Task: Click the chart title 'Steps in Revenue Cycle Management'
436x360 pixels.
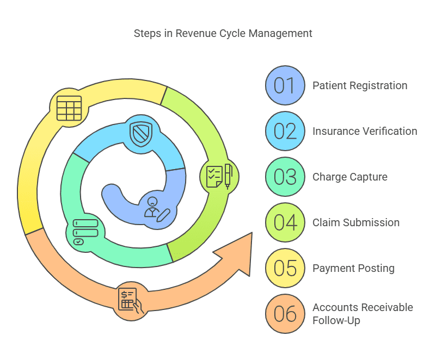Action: coord(223,34)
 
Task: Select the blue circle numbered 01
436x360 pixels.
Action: coord(285,86)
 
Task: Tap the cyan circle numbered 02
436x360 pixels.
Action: coord(285,132)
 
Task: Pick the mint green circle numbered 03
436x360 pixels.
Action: coord(285,177)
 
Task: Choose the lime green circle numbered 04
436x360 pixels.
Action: coord(285,223)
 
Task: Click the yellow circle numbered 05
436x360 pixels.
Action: coord(285,269)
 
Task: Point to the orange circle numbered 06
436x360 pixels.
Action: coord(285,314)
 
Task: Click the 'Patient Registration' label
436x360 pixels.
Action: coord(359,86)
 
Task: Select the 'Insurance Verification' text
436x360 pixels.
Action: coord(365,132)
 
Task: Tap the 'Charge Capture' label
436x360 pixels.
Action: coord(349,177)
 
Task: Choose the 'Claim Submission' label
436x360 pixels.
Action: coord(355,223)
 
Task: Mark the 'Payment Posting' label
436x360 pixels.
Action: coord(353,269)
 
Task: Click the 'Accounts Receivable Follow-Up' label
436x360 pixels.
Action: coord(363,314)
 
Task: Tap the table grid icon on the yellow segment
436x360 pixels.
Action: coord(69,108)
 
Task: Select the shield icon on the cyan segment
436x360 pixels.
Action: coord(140,133)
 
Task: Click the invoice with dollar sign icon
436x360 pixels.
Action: coord(130,300)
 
